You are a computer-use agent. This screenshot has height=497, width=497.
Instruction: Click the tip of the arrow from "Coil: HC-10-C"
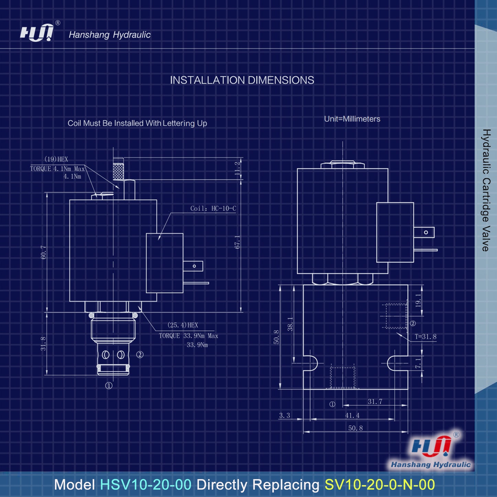click(158, 240)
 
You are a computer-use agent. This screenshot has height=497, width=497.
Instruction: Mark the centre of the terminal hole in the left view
click(194, 266)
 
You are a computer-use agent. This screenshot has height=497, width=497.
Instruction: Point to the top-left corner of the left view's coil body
click(69, 200)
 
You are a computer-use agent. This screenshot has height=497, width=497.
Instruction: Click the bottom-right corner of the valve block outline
click(408, 389)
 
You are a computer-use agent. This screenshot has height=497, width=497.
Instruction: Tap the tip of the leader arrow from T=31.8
click(397, 333)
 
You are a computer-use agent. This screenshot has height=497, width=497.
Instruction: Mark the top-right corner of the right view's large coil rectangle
click(388, 169)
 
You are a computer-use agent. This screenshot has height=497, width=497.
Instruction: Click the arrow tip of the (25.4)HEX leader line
click(138, 306)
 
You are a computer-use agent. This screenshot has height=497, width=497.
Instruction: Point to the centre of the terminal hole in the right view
click(426, 233)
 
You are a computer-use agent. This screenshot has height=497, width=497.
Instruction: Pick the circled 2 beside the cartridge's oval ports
click(140, 355)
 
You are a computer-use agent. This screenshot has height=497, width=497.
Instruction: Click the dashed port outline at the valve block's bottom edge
click(343, 378)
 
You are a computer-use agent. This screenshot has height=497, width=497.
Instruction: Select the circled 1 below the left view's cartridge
click(109, 386)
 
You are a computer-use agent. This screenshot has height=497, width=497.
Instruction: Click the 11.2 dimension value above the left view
click(238, 169)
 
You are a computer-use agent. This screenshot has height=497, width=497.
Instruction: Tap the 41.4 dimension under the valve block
click(352, 415)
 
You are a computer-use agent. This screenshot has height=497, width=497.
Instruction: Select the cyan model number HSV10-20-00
click(146, 484)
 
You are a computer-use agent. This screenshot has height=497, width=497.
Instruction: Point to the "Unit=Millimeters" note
click(352, 119)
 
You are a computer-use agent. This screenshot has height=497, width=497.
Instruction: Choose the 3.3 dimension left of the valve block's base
click(284, 415)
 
